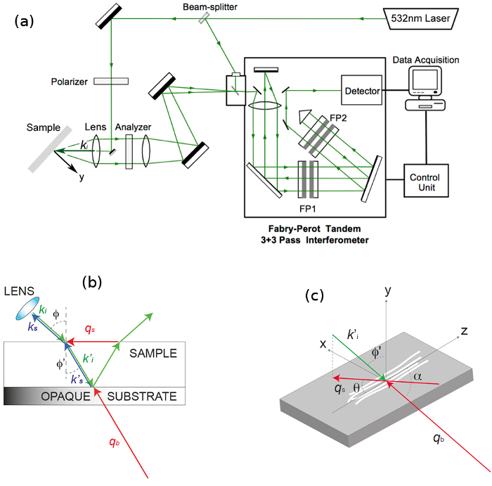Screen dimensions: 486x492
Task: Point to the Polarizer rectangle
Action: coord(113,81)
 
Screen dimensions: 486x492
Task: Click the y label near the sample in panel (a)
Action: coord(81,179)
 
